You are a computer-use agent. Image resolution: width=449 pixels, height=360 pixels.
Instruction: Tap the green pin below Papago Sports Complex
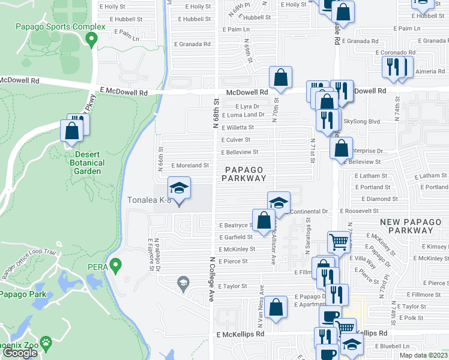point(92,40)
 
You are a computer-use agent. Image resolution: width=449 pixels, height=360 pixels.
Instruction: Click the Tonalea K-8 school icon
point(178,188)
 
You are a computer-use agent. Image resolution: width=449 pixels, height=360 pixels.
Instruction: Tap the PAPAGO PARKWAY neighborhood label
point(243,173)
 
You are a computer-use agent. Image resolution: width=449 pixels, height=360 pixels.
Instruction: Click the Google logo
point(20,353)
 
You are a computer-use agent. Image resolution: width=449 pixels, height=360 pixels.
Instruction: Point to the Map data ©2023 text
point(424,355)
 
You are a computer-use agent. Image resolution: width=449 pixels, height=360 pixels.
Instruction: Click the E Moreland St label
point(190,165)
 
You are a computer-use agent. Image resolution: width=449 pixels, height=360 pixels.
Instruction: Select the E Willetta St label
point(238,127)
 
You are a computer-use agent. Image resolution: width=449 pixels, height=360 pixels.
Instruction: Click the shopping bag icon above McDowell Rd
point(280,77)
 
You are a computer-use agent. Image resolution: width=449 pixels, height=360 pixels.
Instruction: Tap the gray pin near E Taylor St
point(183,282)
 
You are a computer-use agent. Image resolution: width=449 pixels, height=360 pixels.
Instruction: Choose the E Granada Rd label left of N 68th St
point(192,44)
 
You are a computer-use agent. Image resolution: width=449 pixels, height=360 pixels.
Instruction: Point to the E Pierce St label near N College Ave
point(233,261)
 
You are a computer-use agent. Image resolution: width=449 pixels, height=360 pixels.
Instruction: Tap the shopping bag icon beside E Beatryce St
point(264,220)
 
